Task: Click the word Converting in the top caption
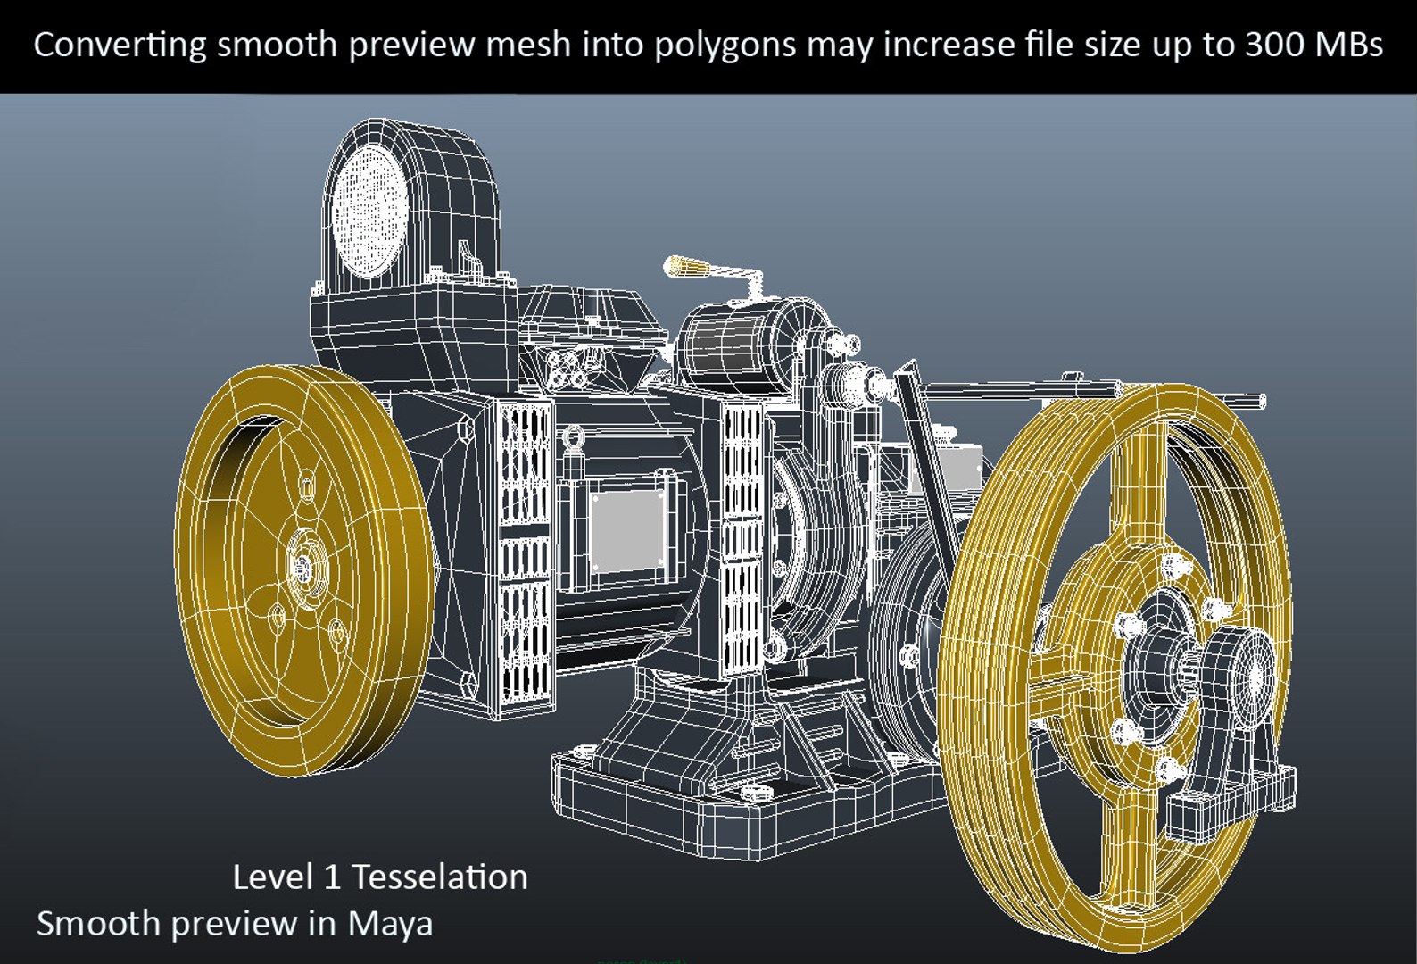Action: click(120, 45)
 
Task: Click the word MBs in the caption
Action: click(1348, 45)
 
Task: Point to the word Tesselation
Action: click(440, 877)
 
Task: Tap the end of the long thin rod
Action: click(1260, 401)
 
